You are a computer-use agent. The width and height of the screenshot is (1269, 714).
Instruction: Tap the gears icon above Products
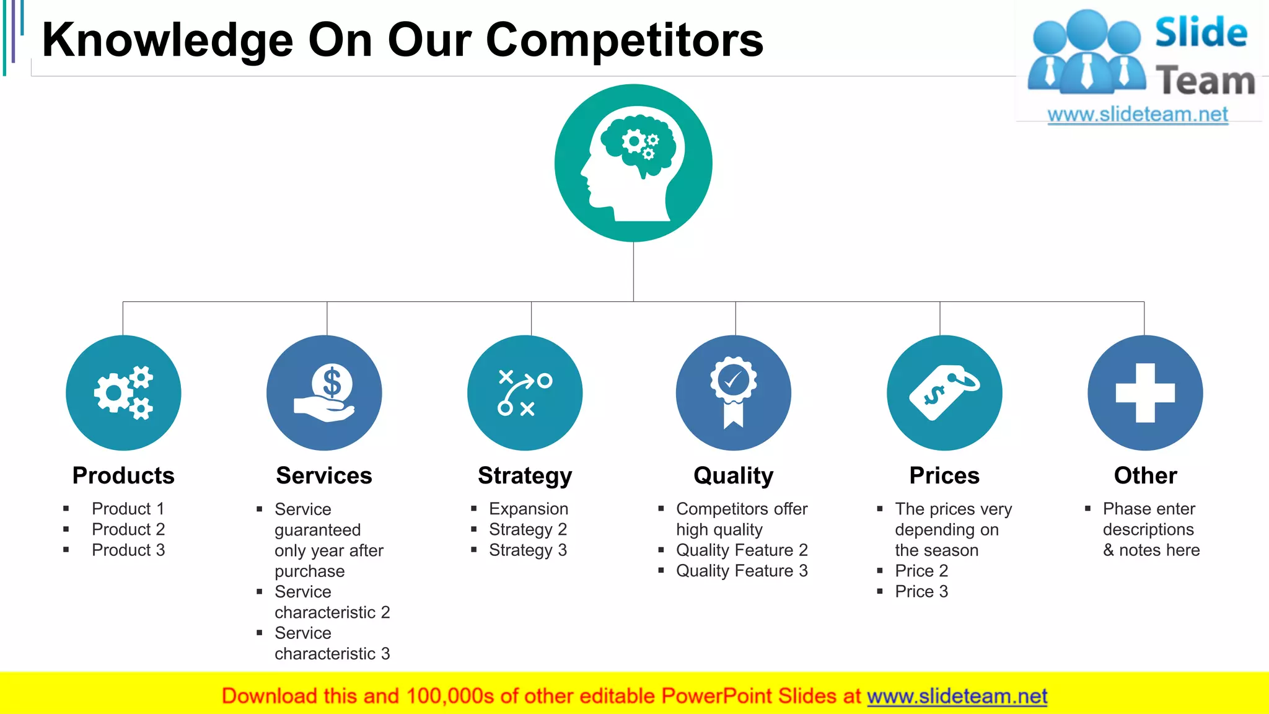123,393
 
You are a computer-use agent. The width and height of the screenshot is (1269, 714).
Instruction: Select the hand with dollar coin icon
324,393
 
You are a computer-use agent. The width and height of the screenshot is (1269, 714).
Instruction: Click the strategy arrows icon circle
525,393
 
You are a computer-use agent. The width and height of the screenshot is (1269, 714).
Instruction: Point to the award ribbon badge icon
734,393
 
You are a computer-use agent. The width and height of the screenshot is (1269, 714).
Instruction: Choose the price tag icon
944,393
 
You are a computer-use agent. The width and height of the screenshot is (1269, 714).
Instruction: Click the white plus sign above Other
1145,393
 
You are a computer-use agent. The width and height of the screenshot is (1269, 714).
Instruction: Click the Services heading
324,476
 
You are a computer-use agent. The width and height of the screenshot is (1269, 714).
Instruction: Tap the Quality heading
734,476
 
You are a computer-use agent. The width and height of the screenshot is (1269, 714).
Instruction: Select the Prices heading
944,476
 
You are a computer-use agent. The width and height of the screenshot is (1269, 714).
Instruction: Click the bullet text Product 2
128,529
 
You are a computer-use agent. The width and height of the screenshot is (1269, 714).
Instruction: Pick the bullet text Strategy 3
528,550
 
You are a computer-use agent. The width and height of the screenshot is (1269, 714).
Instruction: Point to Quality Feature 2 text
742,550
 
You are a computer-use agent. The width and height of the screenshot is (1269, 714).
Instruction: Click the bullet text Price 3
921,592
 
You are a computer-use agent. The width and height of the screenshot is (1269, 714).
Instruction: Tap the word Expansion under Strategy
529,509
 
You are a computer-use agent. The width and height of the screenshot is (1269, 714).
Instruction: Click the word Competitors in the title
625,40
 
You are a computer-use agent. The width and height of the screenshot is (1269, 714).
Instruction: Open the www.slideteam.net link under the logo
1138,115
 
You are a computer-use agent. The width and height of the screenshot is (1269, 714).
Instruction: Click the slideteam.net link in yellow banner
957,697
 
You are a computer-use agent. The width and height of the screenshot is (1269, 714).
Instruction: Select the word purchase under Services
310,571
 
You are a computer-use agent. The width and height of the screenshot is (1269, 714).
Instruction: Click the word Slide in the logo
1201,33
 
